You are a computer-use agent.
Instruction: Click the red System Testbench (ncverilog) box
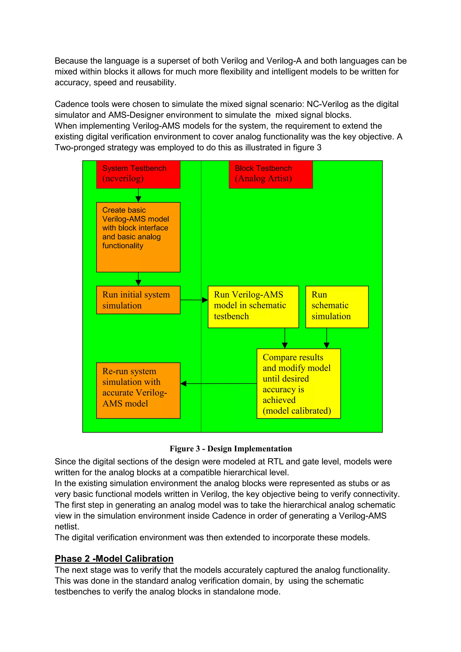point(138,174)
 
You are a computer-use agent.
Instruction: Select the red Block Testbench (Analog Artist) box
point(271,174)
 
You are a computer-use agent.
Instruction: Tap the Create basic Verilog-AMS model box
point(138,237)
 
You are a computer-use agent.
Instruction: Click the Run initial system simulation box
point(138,300)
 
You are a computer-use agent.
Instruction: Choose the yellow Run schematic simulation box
point(337,307)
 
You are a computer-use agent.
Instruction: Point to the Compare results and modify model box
point(298,383)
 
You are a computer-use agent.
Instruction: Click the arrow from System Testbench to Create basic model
point(138,195)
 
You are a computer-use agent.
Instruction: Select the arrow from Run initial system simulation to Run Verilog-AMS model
point(194,300)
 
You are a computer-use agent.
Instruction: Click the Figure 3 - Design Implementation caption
point(231,449)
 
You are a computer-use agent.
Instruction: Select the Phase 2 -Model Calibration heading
point(114,559)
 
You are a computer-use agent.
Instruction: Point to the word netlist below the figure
point(67,526)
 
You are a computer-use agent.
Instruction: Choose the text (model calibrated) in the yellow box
point(297,411)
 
